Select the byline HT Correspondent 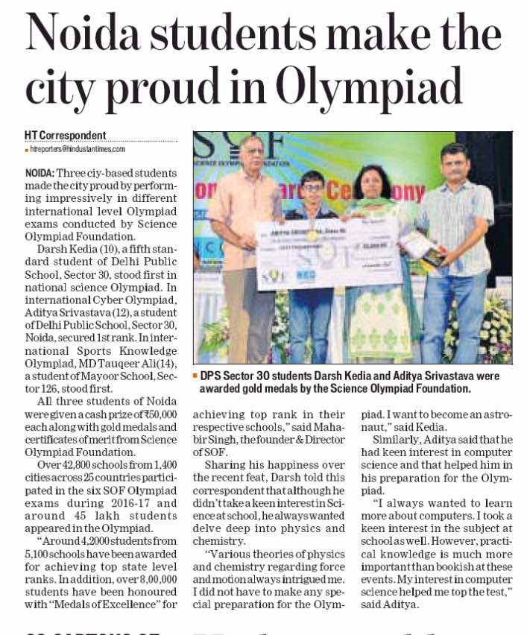pyautogui.click(x=66, y=136)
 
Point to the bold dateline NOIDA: pyautogui.click(x=40, y=172)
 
